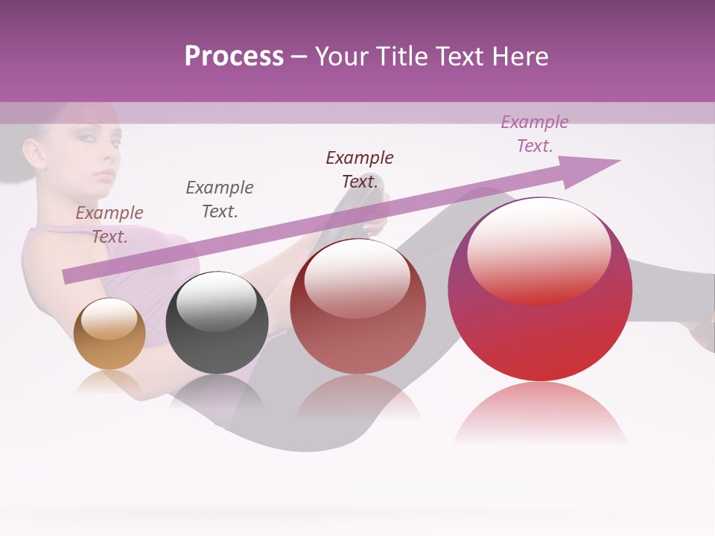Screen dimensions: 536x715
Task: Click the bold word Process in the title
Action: [234, 57]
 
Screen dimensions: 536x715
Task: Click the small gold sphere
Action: [109, 334]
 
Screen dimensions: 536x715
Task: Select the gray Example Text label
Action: [220, 200]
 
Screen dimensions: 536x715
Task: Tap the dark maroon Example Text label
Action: [360, 170]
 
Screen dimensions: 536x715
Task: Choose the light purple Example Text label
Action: [535, 134]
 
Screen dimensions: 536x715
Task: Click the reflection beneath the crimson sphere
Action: [540, 413]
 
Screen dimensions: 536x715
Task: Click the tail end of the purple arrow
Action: [69, 276]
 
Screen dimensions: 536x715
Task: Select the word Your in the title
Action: [340, 57]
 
